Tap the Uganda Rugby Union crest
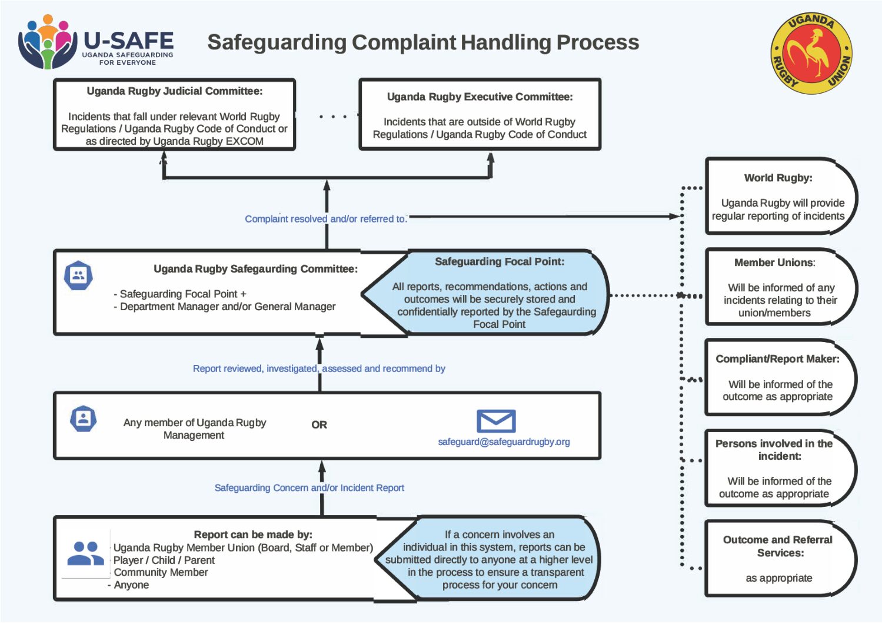pos(811,54)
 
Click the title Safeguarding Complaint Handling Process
pos(423,42)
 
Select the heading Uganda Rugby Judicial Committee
pos(175,91)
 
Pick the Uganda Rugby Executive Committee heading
pos(480,97)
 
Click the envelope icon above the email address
pos(496,421)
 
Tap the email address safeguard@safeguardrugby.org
pos(504,442)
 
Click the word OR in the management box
pos(319,425)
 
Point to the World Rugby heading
pos(778,178)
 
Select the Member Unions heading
pos(774,263)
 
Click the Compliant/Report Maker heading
pos(777,359)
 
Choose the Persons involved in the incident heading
pos(774,450)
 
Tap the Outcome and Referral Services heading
pos(778,546)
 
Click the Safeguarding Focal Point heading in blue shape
pos(500,262)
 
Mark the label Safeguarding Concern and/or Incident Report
pos(309,488)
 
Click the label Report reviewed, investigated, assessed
pos(319,369)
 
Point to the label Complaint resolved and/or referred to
pos(325,219)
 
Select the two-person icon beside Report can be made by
pos(85,553)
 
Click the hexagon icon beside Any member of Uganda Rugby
pos(83,419)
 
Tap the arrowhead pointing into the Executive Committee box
pos(491,158)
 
